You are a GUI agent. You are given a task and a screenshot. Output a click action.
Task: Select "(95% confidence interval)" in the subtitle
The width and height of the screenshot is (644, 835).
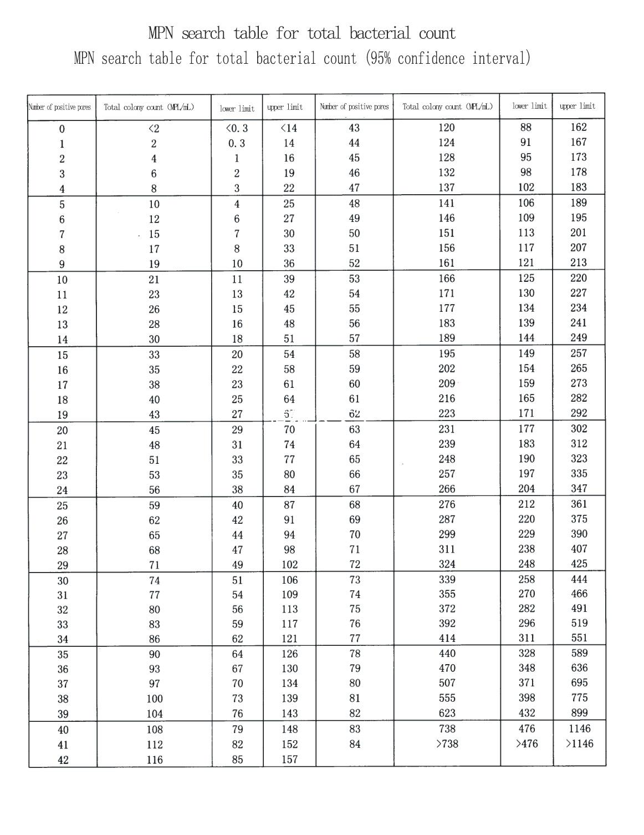click(x=448, y=58)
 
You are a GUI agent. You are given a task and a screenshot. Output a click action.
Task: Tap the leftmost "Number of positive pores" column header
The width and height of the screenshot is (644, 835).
click(x=60, y=107)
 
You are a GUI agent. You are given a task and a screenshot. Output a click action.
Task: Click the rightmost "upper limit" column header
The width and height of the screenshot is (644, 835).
click(x=577, y=106)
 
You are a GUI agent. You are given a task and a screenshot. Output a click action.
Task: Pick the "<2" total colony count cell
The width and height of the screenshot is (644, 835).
click(x=154, y=128)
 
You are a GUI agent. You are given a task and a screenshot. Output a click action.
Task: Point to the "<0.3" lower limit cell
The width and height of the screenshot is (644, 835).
click(x=237, y=128)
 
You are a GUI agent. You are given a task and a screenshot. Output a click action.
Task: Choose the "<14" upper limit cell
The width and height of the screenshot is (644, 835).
click(x=289, y=128)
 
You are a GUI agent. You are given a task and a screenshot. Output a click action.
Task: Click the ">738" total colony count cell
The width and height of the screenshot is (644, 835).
click(x=447, y=743)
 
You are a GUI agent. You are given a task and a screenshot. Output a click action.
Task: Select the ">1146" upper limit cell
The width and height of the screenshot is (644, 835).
click(x=579, y=743)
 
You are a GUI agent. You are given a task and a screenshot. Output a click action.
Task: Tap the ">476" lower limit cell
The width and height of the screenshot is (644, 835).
click(x=527, y=743)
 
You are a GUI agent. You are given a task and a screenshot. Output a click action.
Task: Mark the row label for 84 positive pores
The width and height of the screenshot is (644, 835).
click(x=355, y=743)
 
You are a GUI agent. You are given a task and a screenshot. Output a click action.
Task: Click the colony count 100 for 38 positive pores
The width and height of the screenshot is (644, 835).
click(x=155, y=699)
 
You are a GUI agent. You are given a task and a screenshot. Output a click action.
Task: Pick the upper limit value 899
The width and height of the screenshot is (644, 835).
click(x=579, y=713)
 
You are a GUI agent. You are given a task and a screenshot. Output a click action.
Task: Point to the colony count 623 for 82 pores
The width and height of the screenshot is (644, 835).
click(x=447, y=713)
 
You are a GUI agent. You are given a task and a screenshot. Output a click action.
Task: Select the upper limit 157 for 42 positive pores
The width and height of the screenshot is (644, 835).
click(x=289, y=759)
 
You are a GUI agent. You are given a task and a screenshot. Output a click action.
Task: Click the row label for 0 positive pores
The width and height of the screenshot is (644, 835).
click(x=62, y=129)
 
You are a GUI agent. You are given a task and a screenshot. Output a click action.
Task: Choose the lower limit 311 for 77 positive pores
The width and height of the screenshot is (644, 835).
click(x=527, y=638)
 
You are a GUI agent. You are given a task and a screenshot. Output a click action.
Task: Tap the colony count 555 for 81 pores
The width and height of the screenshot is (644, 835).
click(x=447, y=698)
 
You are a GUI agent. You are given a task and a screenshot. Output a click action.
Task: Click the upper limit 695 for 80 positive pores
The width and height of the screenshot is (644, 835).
click(x=579, y=683)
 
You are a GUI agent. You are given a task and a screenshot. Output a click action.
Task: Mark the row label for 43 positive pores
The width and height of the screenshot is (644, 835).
click(x=354, y=128)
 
